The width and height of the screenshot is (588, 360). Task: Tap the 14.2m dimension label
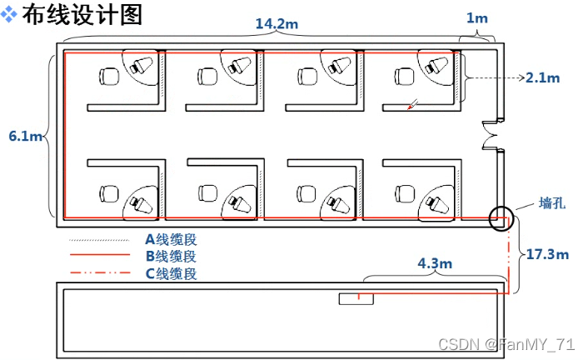tap(277, 23)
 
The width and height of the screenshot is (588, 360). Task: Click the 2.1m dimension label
tap(544, 77)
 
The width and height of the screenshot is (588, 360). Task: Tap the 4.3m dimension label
tap(434, 263)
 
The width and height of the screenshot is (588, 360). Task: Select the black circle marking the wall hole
tap(501, 218)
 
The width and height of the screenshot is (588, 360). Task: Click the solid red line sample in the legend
tap(99, 255)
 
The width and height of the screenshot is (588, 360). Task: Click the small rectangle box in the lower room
tap(356, 298)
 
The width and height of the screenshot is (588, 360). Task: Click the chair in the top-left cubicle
tap(108, 77)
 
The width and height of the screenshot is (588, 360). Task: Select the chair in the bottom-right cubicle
tap(406, 193)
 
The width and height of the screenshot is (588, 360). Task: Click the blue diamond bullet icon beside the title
tap(11, 15)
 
